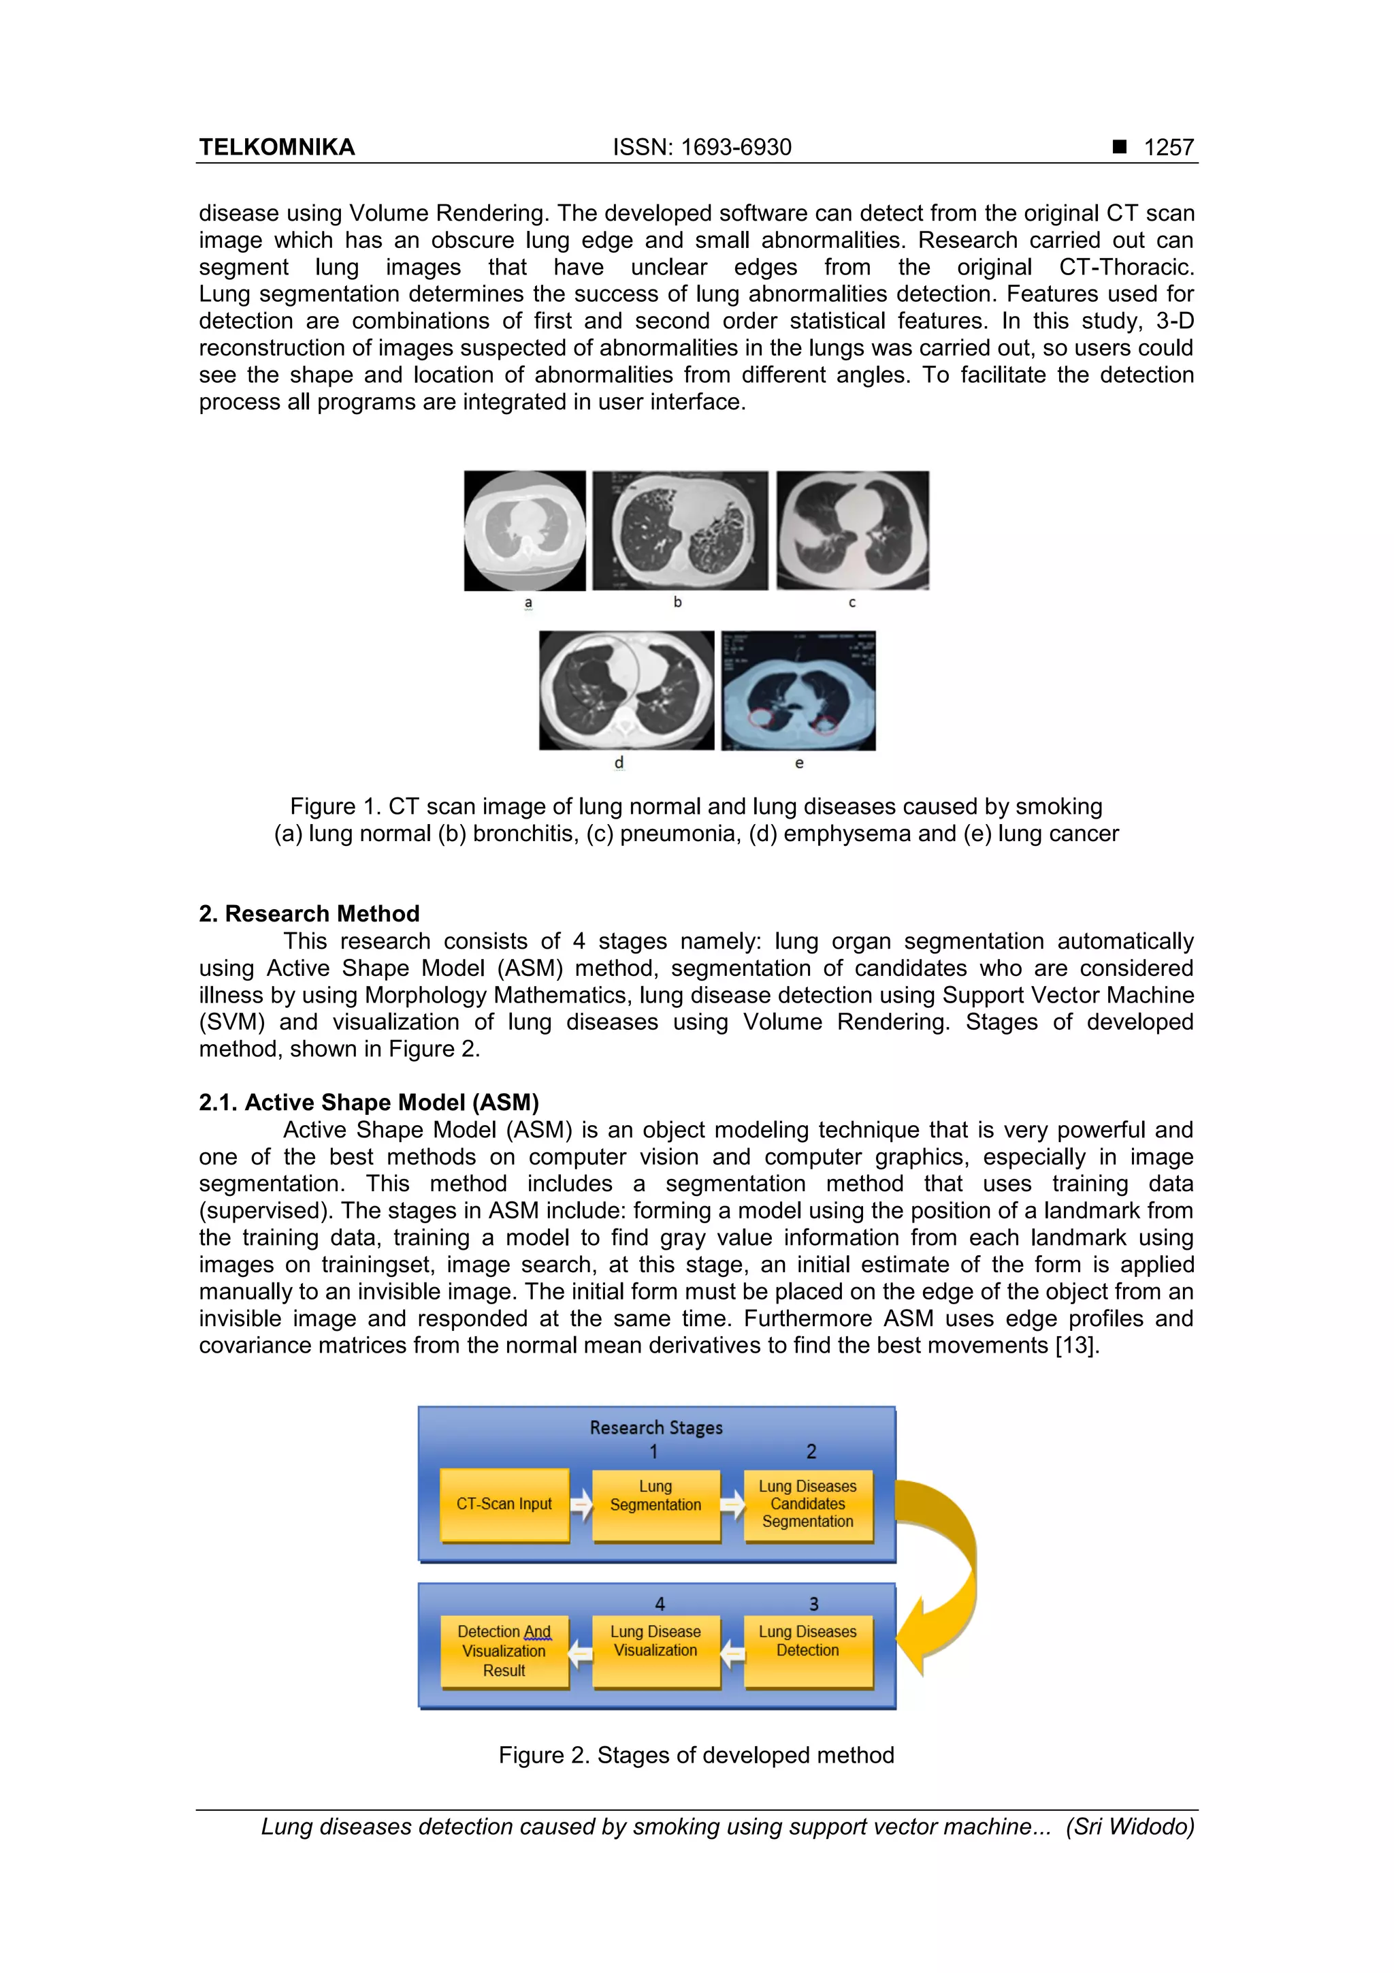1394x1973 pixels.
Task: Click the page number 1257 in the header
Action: click(1168, 148)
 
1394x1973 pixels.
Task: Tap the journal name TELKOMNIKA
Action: click(276, 148)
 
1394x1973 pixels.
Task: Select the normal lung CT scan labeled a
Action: click(525, 531)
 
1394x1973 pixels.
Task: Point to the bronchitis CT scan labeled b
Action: click(679, 531)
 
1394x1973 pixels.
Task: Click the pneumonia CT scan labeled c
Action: click(852, 531)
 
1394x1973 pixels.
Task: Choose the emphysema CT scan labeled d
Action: click(626, 690)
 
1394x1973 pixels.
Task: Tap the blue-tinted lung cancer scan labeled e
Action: click(798, 690)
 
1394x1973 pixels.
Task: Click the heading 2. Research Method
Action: click(309, 913)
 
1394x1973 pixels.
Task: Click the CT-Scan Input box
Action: click(504, 1504)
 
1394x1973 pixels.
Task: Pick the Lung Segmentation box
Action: click(655, 1504)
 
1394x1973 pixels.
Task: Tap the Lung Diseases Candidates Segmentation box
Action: click(807, 1504)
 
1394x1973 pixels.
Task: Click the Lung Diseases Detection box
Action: click(807, 1651)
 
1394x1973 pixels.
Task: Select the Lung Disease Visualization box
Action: click(655, 1651)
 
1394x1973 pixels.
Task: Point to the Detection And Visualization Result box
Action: click(504, 1651)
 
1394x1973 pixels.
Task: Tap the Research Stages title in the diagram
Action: click(656, 1427)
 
